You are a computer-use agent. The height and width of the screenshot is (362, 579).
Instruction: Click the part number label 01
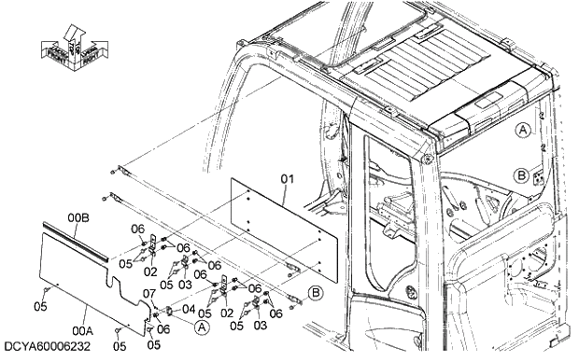tap(288, 176)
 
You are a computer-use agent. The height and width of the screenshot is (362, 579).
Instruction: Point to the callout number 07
tap(148, 294)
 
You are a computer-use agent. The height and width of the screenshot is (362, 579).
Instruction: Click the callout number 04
tap(188, 309)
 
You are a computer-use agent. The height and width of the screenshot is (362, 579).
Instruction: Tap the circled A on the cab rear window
tap(524, 131)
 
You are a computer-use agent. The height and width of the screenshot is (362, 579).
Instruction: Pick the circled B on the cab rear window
tap(521, 174)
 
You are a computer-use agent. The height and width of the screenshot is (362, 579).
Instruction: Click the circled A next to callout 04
tap(201, 327)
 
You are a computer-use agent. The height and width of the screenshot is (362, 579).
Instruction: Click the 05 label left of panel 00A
tap(40, 305)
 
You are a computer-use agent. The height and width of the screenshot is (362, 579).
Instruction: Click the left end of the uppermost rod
tap(113, 171)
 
